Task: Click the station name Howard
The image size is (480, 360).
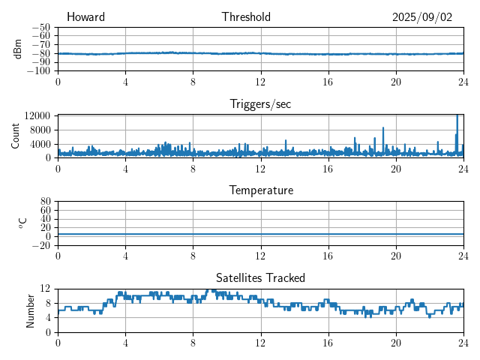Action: pos(85,17)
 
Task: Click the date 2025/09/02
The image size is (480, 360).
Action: pos(422,17)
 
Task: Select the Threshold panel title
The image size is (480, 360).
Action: pos(246,17)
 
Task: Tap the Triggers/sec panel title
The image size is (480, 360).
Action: pos(260,104)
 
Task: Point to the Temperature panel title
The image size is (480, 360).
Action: pos(260,190)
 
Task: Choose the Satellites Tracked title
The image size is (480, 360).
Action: pos(260,277)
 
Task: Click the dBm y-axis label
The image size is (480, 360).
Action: pos(18,49)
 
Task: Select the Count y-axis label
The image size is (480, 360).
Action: pos(16,136)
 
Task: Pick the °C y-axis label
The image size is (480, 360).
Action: pos(22,223)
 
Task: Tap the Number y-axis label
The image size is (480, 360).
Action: pos(31,310)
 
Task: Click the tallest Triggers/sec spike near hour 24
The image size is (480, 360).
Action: pos(457,116)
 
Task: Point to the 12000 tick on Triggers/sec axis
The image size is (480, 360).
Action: pos(37,115)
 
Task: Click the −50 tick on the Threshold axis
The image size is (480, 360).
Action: pos(40,27)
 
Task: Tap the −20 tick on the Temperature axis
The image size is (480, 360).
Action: pos(40,245)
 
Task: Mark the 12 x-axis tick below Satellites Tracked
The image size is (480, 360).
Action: pos(260,343)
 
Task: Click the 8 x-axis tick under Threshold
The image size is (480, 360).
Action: pos(193,82)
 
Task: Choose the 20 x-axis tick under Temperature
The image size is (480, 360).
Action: pos(395,256)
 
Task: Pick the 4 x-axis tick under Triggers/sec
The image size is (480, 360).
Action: pos(125,169)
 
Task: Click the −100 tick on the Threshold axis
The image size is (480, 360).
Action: pos(38,70)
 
